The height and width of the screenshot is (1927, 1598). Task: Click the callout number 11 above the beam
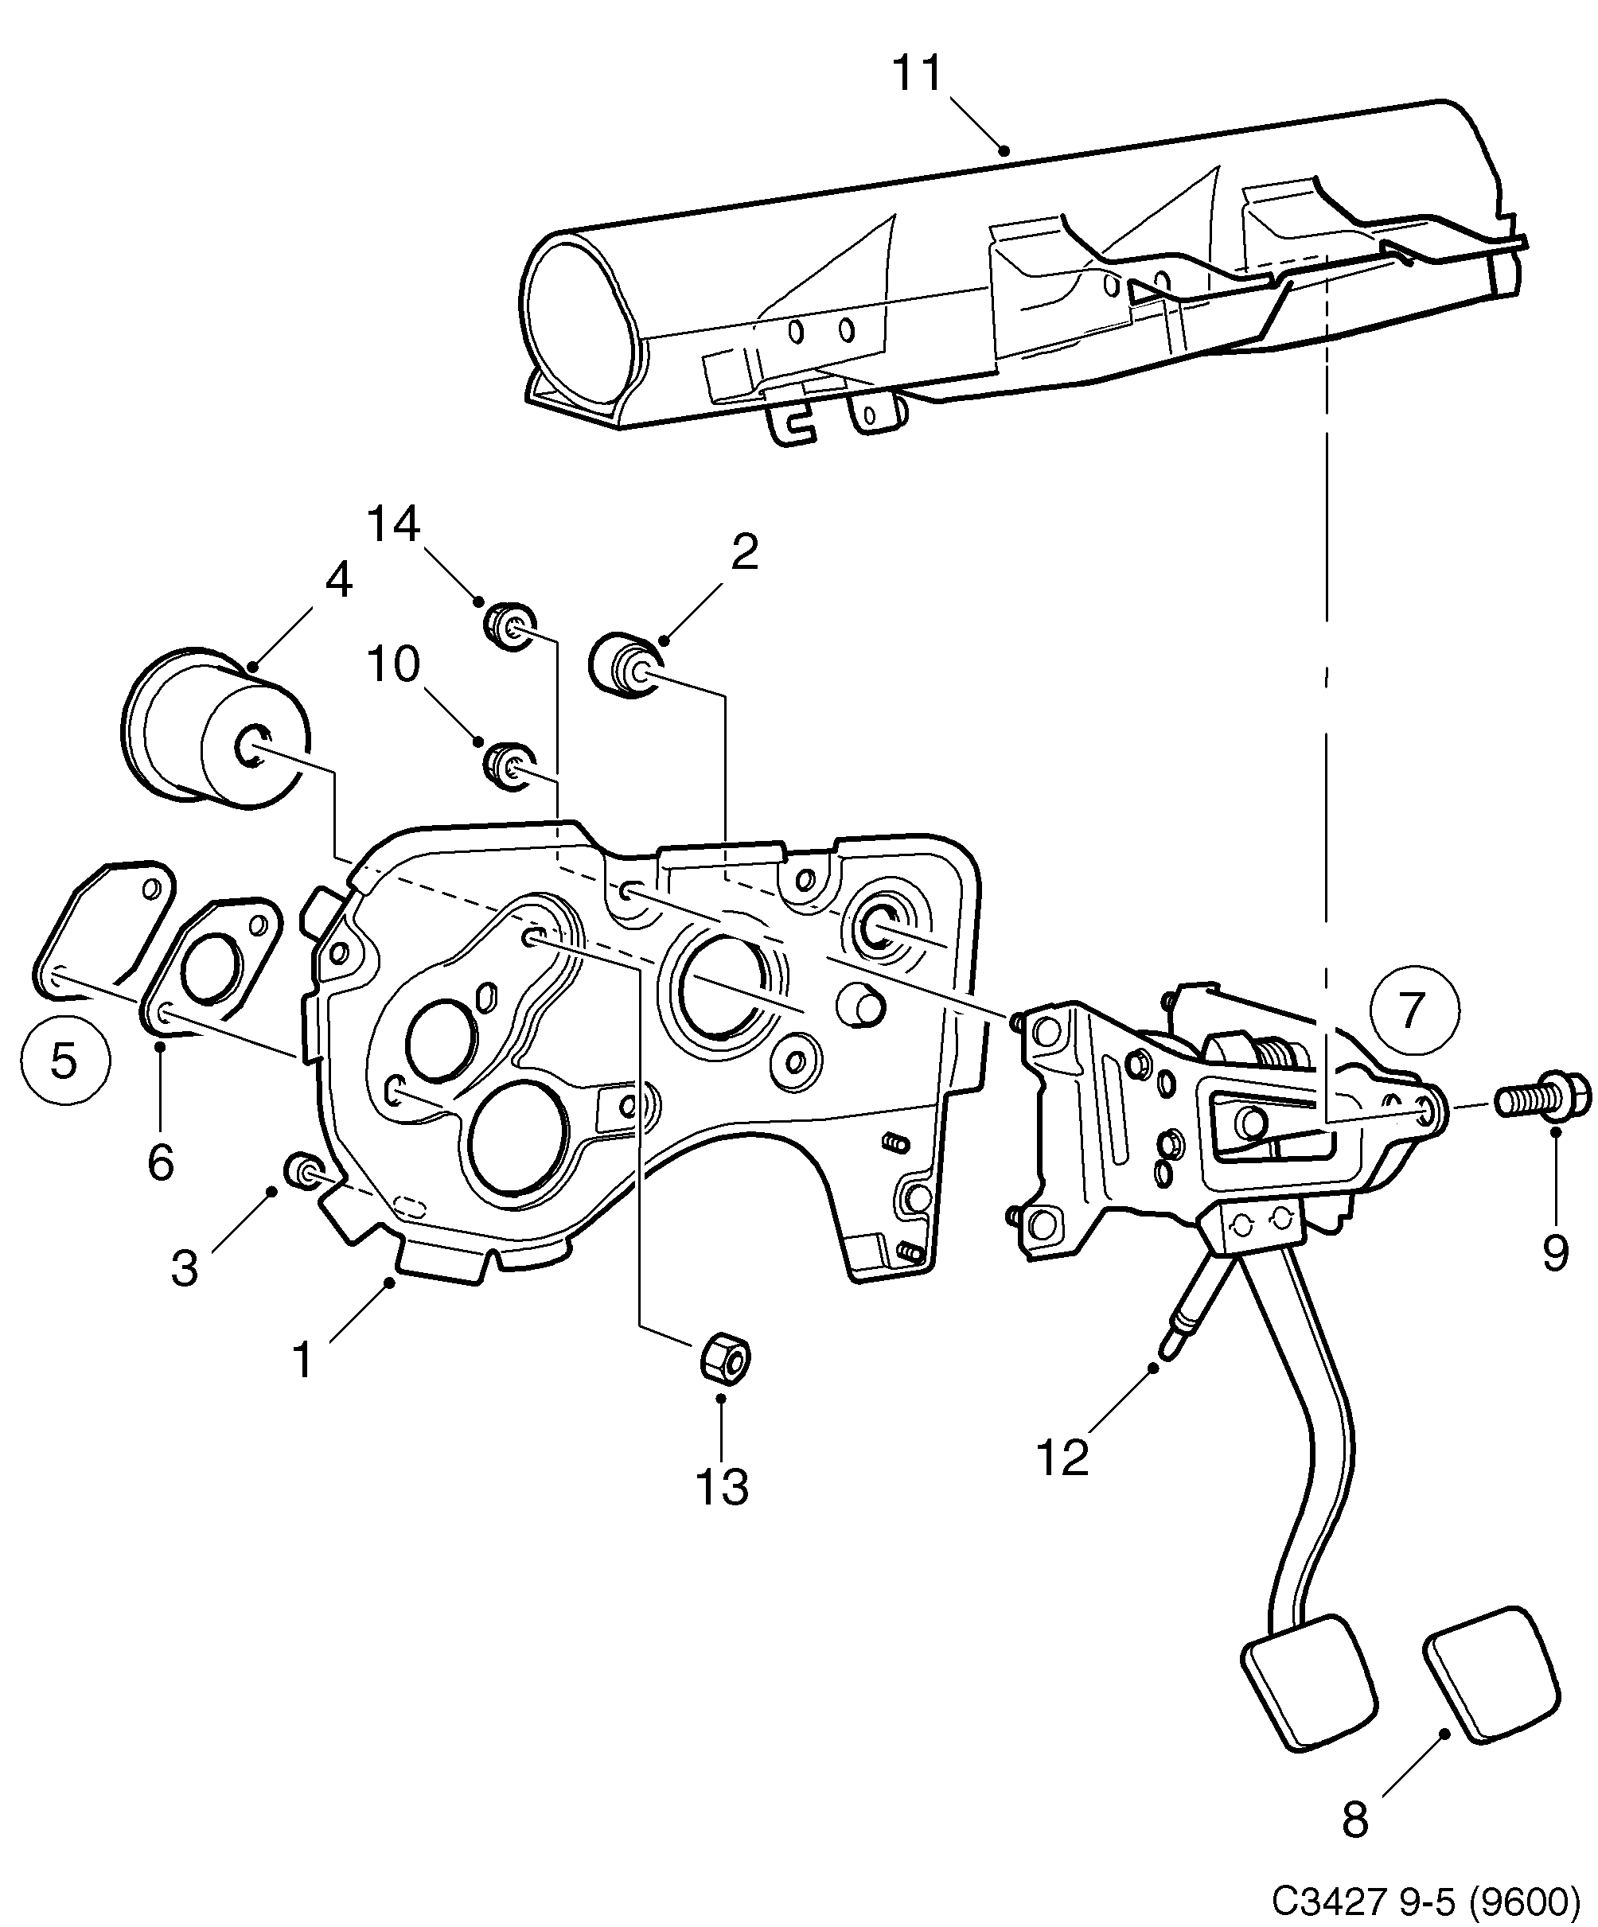[917, 74]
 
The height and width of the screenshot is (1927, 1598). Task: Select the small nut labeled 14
[509, 626]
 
